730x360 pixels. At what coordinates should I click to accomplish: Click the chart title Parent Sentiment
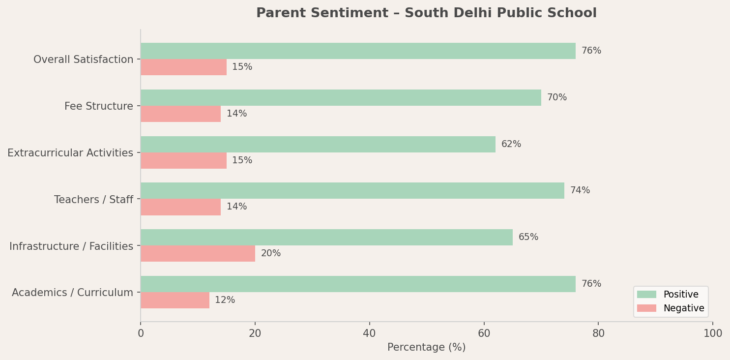click(426, 13)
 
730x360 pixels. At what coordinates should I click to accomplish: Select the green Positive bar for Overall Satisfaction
click(358, 51)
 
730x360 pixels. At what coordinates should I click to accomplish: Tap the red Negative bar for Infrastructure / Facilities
click(198, 254)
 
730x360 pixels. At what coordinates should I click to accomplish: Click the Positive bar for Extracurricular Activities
click(318, 145)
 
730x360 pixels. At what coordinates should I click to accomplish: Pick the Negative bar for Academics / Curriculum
click(175, 300)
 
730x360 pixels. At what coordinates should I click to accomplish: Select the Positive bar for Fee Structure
click(341, 98)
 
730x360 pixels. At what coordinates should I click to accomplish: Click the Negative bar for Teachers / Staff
click(180, 207)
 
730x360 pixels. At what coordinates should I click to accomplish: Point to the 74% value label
click(580, 191)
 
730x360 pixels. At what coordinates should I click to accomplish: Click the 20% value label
click(271, 254)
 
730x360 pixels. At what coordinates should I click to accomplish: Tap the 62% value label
click(511, 145)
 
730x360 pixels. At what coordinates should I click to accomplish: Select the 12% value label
click(225, 300)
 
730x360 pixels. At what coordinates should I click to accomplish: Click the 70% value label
click(557, 98)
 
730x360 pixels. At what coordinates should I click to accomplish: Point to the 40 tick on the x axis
click(369, 333)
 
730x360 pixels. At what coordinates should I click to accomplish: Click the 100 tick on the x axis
click(713, 333)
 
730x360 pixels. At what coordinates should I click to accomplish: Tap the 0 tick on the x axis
click(141, 333)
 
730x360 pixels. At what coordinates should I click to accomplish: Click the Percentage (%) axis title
click(426, 348)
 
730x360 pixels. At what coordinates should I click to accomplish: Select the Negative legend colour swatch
click(646, 308)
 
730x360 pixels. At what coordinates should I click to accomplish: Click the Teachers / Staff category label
click(93, 200)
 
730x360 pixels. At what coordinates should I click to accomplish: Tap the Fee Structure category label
click(99, 106)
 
